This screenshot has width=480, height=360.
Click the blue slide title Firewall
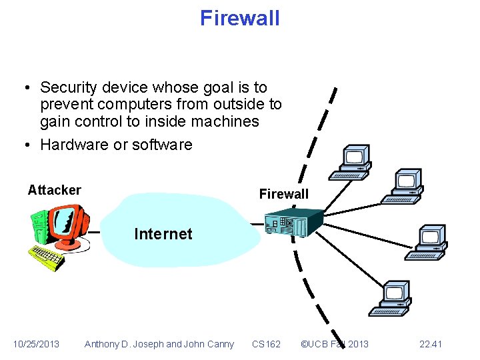click(x=240, y=18)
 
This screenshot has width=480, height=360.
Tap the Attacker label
click(x=54, y=190)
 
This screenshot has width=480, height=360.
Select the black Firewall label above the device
click(x=283, y=194)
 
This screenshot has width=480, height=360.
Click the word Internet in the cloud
click(x=163, y=234)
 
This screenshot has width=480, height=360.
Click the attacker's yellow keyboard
click(x=47, y=257)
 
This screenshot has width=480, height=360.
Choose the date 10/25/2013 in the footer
click(x=36, y=344)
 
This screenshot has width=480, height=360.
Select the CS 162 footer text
click(x=266, y=344)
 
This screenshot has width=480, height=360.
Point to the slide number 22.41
click(x=431, y=344)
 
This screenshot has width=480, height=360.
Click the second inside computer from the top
click(x=404, y=184)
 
